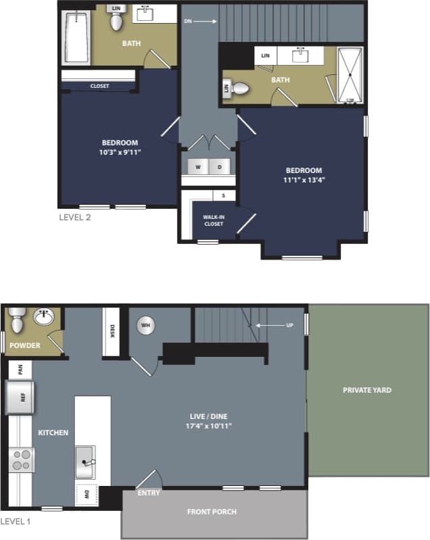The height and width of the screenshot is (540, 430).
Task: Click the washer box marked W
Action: pos(199,166)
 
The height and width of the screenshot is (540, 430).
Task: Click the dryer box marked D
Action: pos(220,166)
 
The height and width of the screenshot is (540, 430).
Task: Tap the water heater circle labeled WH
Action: pos(145,326)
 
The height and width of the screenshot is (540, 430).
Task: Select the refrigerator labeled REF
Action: pos(20,397)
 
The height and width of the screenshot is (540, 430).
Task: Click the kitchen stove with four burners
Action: pos(22,460)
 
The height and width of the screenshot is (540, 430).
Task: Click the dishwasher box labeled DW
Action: pos(87,495)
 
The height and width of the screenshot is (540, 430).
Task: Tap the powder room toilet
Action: pos(17,320)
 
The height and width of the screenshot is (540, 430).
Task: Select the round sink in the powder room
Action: pos(45,316)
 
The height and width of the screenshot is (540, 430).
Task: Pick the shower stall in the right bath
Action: pos(350,75)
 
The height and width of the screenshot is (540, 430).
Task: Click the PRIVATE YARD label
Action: pos(366,390)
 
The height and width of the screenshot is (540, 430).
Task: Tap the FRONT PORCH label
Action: pos(212,512)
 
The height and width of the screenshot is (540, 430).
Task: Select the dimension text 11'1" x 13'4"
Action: pos(304,180)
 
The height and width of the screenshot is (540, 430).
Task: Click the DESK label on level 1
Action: pos(112,330)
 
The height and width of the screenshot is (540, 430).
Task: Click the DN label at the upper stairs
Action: pos(189,22)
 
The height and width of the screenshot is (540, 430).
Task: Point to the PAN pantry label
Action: pos(20,369)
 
